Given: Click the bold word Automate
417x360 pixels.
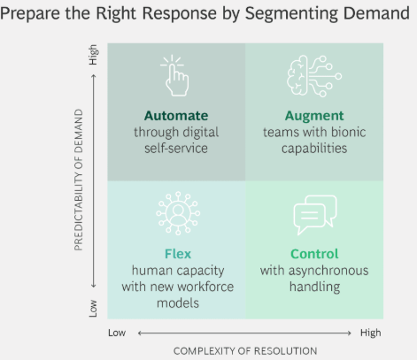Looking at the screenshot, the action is click(176, 116).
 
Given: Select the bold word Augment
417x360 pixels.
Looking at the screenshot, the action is click(314, 116).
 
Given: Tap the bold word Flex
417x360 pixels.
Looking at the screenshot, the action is click(178, 254).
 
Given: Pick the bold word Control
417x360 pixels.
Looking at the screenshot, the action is click(314, 254).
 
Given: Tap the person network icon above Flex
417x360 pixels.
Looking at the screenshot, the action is click(178, 213).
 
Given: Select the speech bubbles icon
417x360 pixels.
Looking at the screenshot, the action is click(315, 215).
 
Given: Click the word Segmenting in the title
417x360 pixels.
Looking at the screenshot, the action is click(292, 13).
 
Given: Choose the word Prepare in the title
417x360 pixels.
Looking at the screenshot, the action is click(30, 13).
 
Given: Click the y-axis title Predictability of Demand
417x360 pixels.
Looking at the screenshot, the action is click(79, 180).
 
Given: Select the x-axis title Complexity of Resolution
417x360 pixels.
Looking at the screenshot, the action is click(245, 351).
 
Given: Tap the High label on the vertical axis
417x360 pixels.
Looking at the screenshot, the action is click(93, 55).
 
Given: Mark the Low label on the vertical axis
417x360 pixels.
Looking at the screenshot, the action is click(93, 309).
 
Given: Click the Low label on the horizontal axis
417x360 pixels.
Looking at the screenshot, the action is click(117, 333).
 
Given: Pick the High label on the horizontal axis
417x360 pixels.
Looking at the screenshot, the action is click(371, 333).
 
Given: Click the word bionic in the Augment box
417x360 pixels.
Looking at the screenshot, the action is click(349, 132).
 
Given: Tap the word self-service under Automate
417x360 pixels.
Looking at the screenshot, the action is click(176, 148).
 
